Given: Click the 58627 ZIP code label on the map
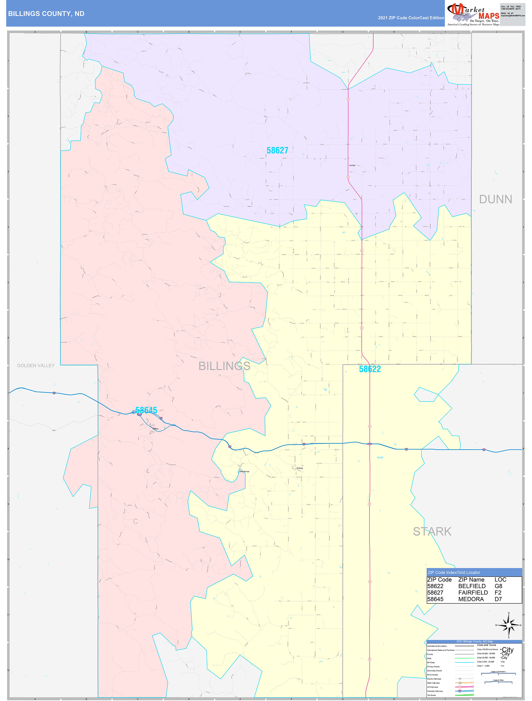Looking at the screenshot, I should tap(277, 150).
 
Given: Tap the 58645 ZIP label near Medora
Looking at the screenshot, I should tap(146, 410).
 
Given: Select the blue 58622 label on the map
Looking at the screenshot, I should tap(370, 369).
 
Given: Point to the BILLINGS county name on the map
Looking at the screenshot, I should tap(224, 366).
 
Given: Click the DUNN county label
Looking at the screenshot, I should tap(495, 199).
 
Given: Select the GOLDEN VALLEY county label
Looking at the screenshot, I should tap(36, 365).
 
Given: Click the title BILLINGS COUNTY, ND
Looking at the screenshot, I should tap(46, 14).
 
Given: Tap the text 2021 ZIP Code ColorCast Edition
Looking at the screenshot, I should tap(411, 18).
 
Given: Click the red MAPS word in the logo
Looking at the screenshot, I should tap(489, 16).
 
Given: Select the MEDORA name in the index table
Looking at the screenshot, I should tap(471, 599).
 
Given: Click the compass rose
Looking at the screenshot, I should tap(509, 625).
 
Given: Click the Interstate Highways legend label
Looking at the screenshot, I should tap(435, 691).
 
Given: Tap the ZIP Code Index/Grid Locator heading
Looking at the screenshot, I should tap(454, 572).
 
